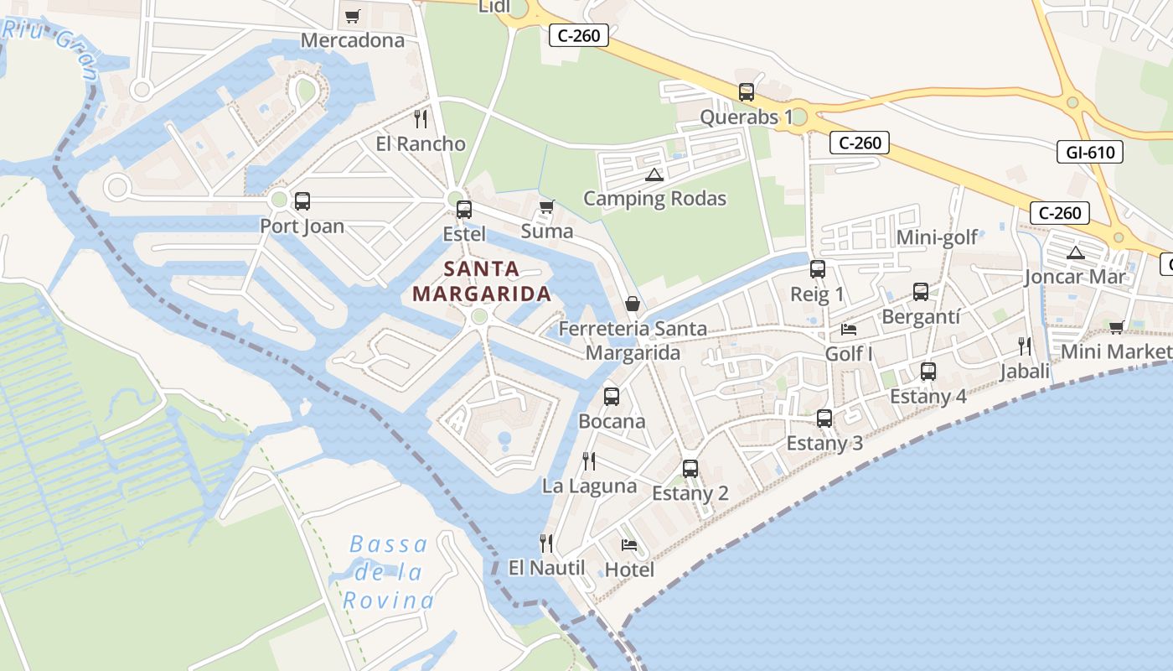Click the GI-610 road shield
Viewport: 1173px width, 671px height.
(1090, 152)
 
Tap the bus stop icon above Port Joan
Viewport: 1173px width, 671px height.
(302, 201)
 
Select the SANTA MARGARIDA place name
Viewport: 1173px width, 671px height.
(482, 282)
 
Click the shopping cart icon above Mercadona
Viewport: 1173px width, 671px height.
(353, 16)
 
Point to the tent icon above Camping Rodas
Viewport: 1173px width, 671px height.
(654, 175)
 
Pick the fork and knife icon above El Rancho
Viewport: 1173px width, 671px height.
(421, 119)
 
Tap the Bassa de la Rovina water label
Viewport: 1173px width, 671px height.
(388, 572)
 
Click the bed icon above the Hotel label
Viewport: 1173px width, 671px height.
(629, 545)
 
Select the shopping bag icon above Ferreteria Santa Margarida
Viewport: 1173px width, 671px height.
(633, 304)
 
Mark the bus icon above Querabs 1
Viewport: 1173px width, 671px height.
(747, 92)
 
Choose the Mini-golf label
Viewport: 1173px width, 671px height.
(937, 237)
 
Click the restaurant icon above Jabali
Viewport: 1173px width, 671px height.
(1024, 346)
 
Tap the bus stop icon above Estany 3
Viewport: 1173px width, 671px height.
(824, 418)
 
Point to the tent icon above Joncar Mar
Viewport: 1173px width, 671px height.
(1075, 252)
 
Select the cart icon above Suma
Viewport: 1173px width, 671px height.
(547, 206)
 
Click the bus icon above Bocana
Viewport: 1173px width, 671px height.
(612, 396)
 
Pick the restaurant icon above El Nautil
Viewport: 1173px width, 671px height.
(546, 544)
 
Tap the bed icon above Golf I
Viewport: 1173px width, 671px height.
(849, 330)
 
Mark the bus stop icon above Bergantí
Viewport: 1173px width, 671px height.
(921, 292)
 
